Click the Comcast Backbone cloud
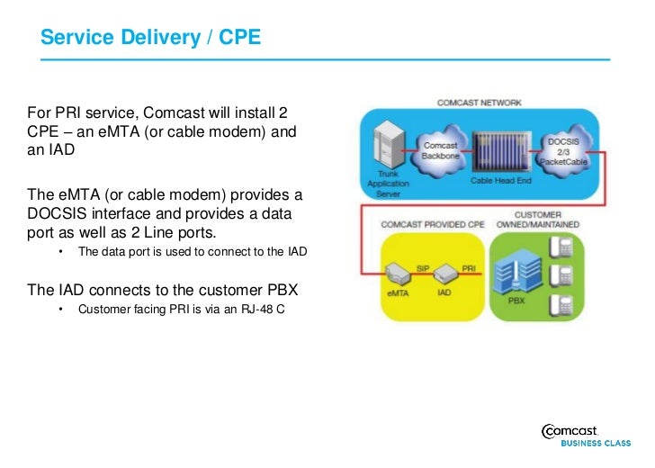(x=440, y=150)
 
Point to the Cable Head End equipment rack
(x=496, y=148)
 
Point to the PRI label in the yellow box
(x=468, y=268)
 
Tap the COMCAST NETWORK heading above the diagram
(x=479, y=103)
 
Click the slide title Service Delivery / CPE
(x=151, y=38)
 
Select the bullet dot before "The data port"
(x=61, y=252)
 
